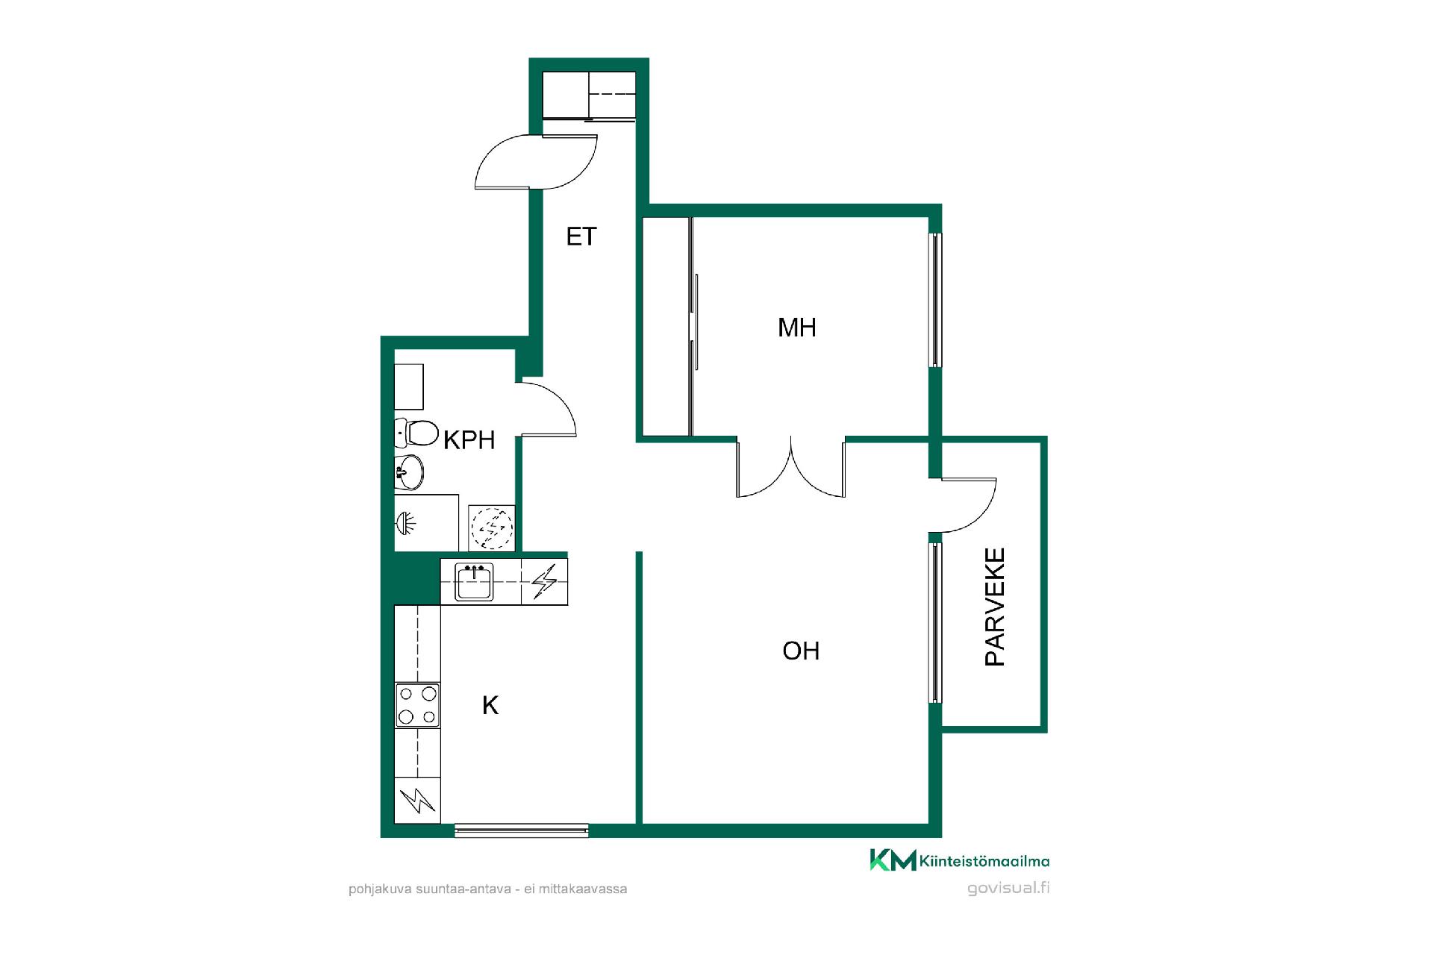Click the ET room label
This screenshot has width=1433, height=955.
click(x=581, y=237)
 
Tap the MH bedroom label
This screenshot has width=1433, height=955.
click(x=797, y=328)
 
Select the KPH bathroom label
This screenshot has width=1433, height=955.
click(x=469, y=440)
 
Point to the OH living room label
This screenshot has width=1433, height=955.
click(x=801, y=651)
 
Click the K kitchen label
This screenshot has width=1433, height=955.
click(x=490, y=705)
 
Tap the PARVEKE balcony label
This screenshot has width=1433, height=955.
click(x=995, y=607)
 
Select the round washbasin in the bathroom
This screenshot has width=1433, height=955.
click(x=409, y=472)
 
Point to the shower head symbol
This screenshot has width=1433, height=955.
click(x=406, y=522)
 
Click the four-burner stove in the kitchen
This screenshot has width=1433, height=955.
click(x=417, y=705)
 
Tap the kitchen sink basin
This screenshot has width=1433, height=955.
click(x=473, y=582)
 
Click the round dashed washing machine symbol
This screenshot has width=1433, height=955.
click(x=491, y=527)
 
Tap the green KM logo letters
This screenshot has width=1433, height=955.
click(x=893, y=859)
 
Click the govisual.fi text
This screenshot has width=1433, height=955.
click(x=1008, y=888)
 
